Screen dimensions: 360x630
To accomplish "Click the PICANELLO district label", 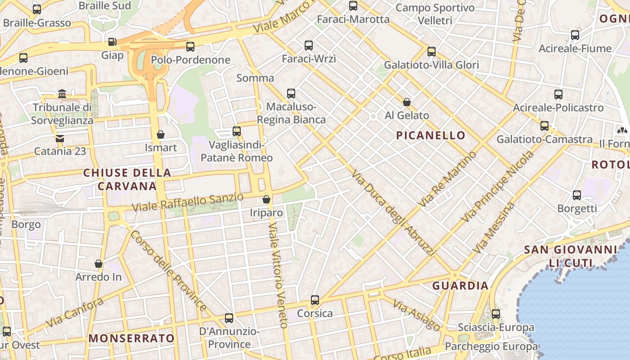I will [431, 135].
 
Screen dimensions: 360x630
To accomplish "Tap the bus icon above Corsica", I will [315, 300].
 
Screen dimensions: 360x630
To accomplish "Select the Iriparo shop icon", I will [266, 199].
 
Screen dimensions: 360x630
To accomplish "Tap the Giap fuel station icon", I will [112, 42].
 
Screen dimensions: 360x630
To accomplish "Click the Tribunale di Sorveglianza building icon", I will [62, 94].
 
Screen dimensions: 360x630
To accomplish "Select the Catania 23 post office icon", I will [60, 138].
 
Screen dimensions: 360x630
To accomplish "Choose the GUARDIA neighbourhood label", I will [460, 286].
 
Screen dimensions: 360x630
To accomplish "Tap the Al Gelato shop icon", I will [407, 102].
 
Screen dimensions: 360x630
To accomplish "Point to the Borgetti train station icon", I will [577, 195].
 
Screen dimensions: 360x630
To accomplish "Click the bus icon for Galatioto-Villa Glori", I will [432, 51].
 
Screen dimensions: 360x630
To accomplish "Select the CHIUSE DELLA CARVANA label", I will [127, 179].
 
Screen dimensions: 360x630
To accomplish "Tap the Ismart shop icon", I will [161, 135].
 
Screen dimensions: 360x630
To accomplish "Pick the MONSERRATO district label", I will [131, 338].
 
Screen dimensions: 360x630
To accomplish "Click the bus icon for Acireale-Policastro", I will [558, 94].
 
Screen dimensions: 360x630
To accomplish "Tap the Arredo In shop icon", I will [99, 264].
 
